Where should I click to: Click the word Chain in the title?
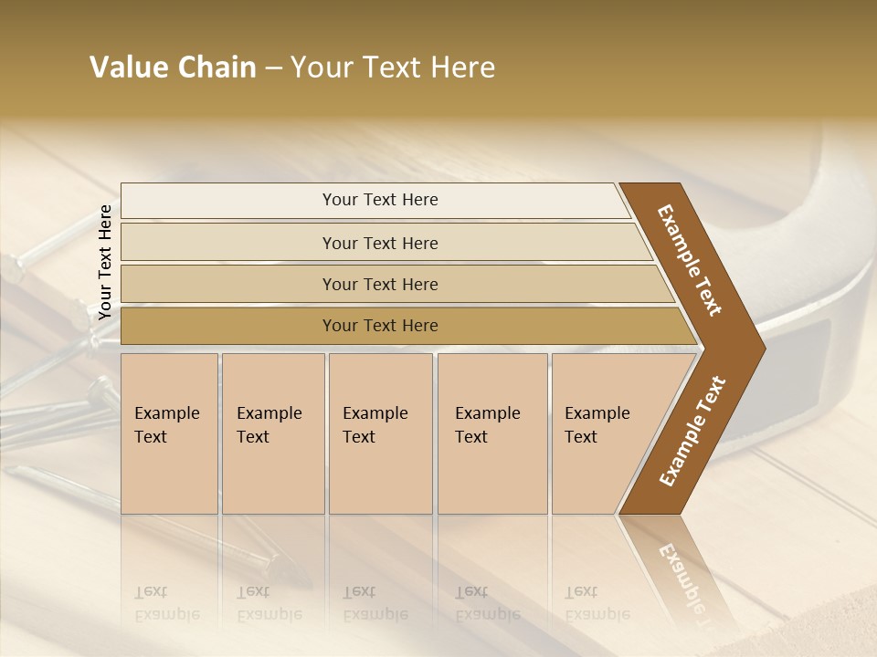pyautogui.click(x=217, y=68)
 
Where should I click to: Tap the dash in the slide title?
pyautogui.click(x=273, y=68)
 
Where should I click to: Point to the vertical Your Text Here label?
pyautogui.click(x=105, y=262)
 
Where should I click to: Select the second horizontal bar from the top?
pyautogui.click(x=379, y=243)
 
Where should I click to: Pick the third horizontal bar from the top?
pyautogui.click(x=379, y=285)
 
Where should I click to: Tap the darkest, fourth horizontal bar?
pyautogui.click(x=379, y=326)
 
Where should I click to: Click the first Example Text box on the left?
pyautogui.click(x=169, y=433)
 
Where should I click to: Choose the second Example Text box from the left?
pyautogui.click(x=273, y=433)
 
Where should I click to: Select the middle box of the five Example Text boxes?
pyautogui.click(x=380, y=433)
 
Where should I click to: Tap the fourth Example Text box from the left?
pyautogui.click(x=492, y=433)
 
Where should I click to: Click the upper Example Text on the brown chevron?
pyautogui.click(x=690, y=259)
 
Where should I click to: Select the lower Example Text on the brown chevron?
pyautogui.click(x=692, y=432)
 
